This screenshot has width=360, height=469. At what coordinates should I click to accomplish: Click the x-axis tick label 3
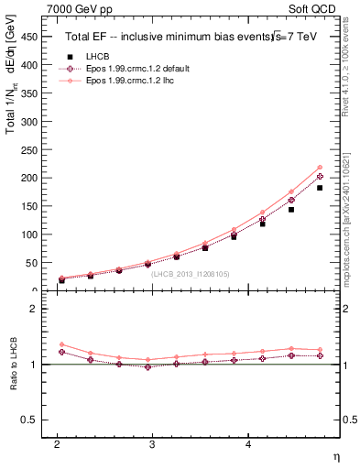coord(152,442)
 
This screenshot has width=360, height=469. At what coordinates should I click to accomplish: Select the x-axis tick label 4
coord(247,442)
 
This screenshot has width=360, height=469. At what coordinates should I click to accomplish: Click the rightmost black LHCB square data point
coord(319,188)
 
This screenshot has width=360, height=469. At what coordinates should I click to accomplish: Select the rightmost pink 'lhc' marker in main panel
coord(319,167)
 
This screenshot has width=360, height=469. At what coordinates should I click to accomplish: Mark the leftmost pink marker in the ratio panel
coord(61,344)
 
